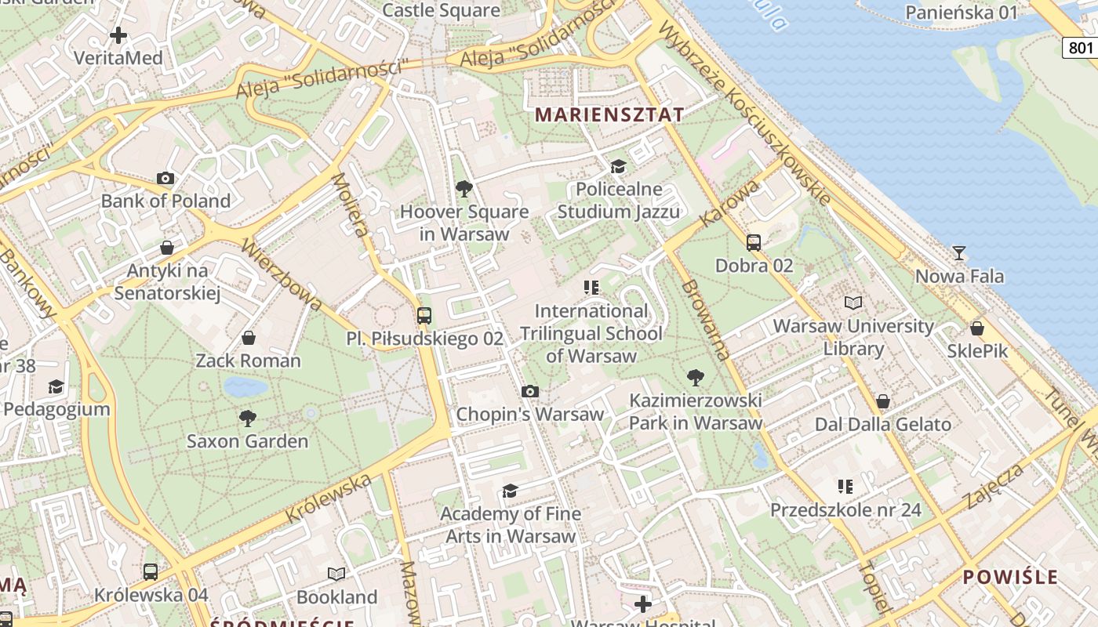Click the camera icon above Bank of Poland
point(165,179)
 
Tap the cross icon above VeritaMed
point(118,35)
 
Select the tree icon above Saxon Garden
point(248,419)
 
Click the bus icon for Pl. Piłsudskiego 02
point(424,316)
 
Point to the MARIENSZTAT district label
point(609,114)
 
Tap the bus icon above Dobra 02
point(754,243)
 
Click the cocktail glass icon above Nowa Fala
point(958,253)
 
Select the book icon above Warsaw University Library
point(853,303)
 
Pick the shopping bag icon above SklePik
point(977,328)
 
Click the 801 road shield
point(1080,48)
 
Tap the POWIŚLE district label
point(1011,578)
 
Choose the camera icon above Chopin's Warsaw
point(530,391)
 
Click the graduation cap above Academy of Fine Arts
point(511,491)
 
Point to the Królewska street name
point(328,498)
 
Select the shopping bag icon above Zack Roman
point(249,338)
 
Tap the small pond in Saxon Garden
point(245,386)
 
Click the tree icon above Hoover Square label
point(464,188)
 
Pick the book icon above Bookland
point(336,574)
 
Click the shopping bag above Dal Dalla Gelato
point(883,401)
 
